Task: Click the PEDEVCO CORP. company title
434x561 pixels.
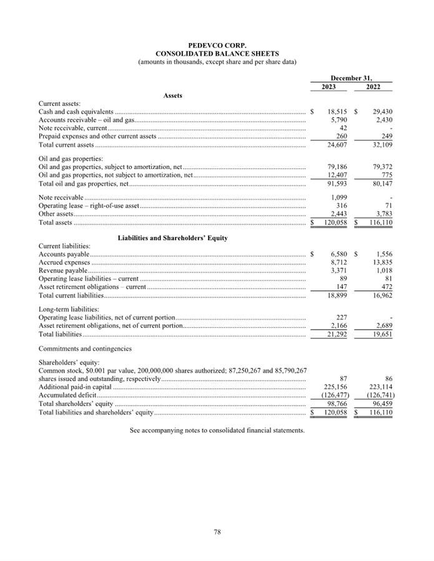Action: coord(217,46)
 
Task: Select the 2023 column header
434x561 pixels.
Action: coord(328,87)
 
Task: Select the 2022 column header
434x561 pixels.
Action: coord(373,87)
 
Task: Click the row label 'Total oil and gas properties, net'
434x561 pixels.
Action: coord(83,184)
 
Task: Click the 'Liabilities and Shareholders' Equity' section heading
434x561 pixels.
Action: coord(172,238)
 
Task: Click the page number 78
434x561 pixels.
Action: coord(217,532)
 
